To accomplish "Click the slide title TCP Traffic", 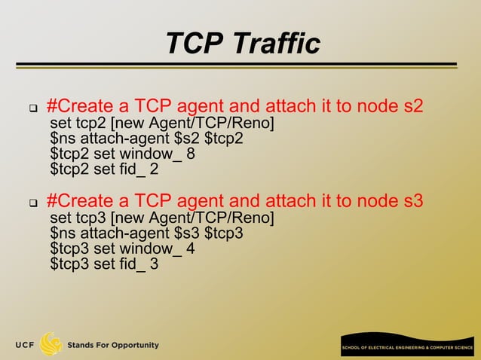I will click(243, 43).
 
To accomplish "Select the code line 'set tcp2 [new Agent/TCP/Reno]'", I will click(161, 124).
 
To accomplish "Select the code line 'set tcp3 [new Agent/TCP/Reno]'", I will click(161, 218).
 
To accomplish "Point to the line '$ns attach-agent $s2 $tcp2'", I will click(146, 139).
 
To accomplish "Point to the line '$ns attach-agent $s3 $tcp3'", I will click(146, 233).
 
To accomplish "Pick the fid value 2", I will click(154, 169).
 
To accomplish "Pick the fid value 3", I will click(154, 264).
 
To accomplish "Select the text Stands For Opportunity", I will click(113, 346).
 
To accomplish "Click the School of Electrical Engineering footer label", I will click(408, 349).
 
